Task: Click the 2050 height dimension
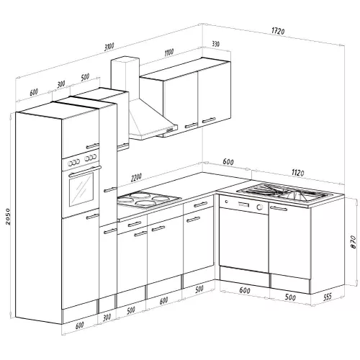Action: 8,216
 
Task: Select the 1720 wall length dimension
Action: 278,31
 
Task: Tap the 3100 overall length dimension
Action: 109,47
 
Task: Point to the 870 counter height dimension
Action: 353,242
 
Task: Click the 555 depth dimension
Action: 328,297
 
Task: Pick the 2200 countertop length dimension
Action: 136,178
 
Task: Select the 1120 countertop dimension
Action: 297,173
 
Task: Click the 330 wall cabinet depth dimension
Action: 215,44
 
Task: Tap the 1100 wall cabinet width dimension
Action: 169,53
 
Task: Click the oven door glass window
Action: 81,189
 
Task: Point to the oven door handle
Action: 84,171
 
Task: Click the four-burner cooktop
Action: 148,199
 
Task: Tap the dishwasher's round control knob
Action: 259,207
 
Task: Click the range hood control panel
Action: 170,130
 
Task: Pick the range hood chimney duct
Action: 125,77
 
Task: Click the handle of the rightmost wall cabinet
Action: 209,120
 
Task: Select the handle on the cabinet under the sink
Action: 279,209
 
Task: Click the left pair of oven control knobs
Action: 73,163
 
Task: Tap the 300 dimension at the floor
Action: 107,318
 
